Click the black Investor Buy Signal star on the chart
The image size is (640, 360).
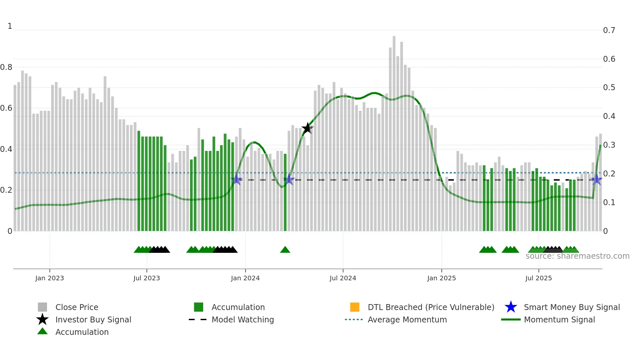[307, 128]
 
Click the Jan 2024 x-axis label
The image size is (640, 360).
[245, 278]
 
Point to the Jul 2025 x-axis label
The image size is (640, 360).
[538, 278]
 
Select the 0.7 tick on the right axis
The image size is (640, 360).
[609, 30]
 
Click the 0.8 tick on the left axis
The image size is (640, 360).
[6, 67]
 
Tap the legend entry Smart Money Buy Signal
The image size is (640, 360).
[571, 307]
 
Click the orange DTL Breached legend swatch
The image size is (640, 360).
[355, 307]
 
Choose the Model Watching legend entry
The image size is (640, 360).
[242, 320]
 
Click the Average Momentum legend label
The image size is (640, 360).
[407, 320]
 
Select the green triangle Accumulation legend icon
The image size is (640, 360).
[42, 332]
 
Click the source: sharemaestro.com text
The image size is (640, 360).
[577, 256]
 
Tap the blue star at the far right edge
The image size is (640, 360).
[597, 180]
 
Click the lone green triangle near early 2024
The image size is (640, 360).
[285, 250]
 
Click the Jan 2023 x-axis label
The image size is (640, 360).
[50, 278]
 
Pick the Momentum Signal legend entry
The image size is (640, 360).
[559, 320]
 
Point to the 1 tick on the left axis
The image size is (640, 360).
[10, 26]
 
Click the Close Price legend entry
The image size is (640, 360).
[76, 307]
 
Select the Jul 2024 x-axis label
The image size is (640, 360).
[343, 278]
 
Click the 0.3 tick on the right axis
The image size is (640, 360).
[609, 145]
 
